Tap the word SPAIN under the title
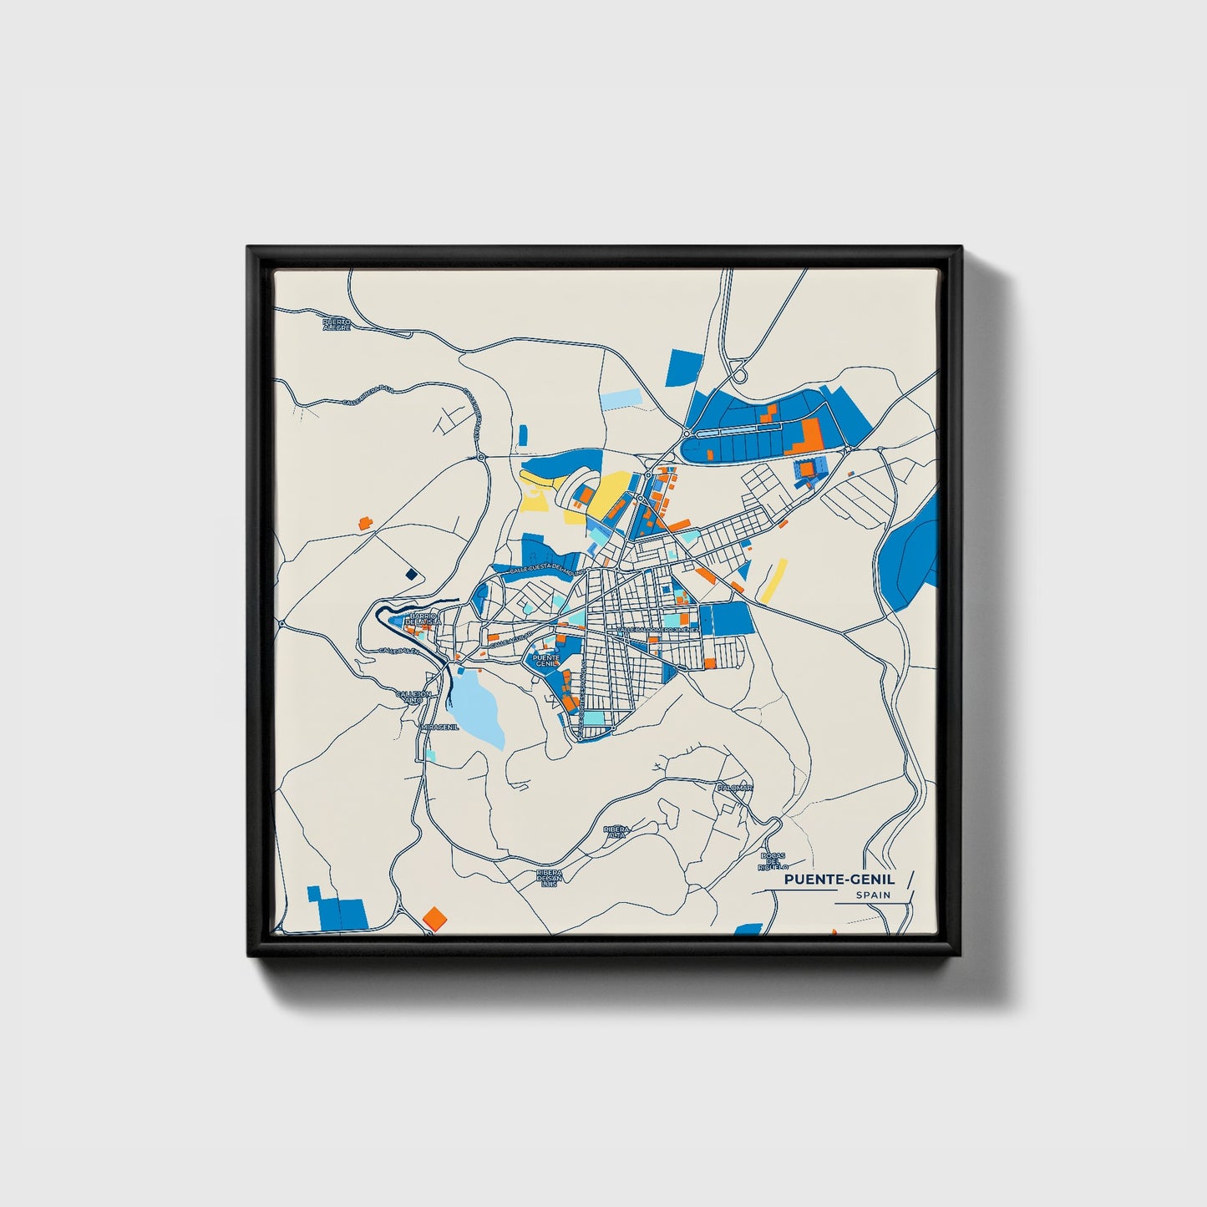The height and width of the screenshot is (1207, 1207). (873, 895)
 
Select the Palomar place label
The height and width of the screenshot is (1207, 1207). (734, 788)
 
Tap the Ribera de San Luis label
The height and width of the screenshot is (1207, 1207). (549, 879)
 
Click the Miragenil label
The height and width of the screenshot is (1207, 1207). (439, 727)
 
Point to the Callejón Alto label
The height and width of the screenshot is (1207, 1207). (413, 697)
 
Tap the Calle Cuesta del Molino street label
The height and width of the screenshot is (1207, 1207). (544, 569)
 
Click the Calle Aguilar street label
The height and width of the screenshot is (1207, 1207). (510, 640)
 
